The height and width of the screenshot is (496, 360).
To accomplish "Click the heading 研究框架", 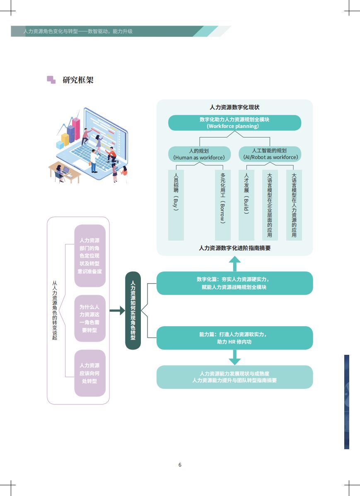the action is (78, 80).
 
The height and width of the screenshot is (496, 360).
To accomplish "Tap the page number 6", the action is (180, 465).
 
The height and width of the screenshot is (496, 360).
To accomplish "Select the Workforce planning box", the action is (234, 123).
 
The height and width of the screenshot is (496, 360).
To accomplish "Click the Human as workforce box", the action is (199, 154).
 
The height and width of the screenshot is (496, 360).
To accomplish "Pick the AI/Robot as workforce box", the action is (270, 154).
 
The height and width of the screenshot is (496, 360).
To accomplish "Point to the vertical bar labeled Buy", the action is (176, 205).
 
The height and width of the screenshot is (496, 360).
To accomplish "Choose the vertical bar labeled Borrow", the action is (222, 205).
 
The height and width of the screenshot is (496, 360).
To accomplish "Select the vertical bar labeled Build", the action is (246, 205).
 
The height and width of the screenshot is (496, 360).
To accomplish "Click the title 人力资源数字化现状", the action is (234, 107).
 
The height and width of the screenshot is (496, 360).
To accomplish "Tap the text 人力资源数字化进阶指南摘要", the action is (234, 248).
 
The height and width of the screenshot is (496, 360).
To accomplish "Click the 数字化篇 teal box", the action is (234, 283).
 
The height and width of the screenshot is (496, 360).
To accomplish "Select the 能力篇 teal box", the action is (234, 338).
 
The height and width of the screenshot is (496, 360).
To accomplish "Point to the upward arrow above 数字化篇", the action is (234, 264).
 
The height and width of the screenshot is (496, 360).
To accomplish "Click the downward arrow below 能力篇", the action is (234, 357).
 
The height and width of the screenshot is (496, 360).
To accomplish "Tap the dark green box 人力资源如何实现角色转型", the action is (133, 311).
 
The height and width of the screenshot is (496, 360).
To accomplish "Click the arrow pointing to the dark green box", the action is (117, 311).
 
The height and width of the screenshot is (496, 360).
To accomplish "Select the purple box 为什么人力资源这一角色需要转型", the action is (89, 318).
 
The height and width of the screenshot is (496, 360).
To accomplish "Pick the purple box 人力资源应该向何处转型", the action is (89, 373).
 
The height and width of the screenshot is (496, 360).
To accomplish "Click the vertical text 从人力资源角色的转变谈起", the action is (55, 311).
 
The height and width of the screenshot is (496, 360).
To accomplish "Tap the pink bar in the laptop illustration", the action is (76, 128).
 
